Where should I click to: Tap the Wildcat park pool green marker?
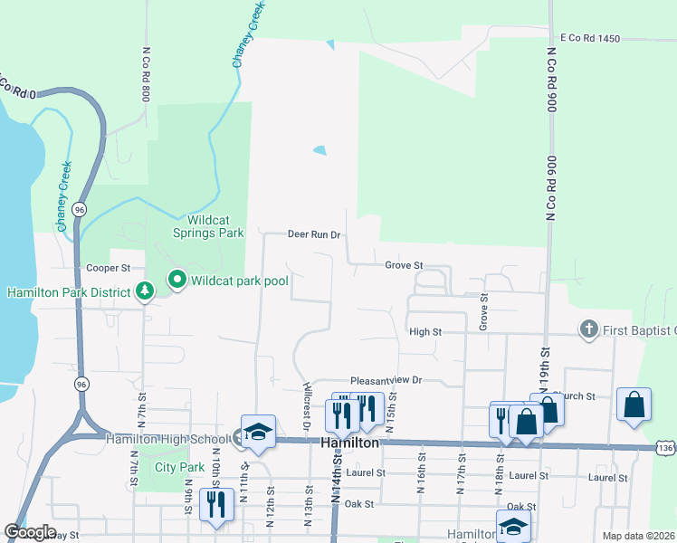176,281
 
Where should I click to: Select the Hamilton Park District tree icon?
143,291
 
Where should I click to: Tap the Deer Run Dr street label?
313,234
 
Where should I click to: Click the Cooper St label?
109,268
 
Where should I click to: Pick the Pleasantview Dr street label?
386,381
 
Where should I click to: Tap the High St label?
424,332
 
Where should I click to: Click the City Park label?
179,467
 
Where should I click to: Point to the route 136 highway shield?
665,447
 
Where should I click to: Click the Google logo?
30,532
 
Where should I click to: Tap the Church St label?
576,396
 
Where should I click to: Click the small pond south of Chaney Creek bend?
319,150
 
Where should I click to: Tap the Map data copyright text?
637,536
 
